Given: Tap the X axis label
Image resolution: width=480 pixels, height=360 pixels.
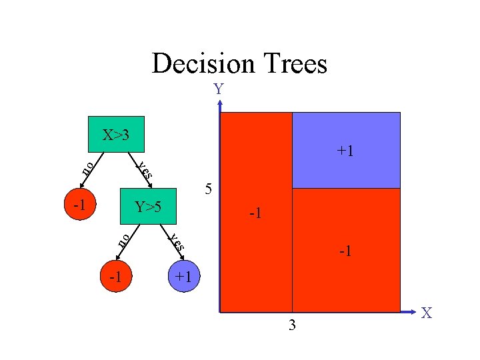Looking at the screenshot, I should click(x=426, y=313).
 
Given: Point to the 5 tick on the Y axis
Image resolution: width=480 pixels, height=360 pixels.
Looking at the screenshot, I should click(x=209, y=189).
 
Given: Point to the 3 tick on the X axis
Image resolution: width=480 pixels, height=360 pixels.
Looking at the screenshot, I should click(x=293, y=325).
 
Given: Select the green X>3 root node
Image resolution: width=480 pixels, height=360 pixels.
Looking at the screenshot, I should click(x=116, y=135).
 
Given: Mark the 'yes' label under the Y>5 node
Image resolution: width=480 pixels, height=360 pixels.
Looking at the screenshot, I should click(x=176, y=242).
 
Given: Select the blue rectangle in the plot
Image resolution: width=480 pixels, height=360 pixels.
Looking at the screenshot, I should click(x=347, y=150).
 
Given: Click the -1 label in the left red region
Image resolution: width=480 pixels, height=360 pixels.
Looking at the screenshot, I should click(x=255, y=214).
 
